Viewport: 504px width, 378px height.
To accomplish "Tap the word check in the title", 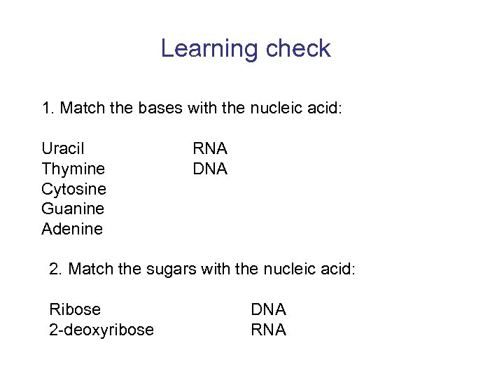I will coord(296,49).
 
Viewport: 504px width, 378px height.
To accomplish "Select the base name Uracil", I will coord(63,148).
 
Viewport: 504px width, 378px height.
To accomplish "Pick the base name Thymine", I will coord(73,169).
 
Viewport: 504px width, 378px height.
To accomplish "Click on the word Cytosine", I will coord(74,189).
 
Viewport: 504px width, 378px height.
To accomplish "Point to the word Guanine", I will coord(73,209).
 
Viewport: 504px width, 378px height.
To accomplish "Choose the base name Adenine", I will coord(72,229).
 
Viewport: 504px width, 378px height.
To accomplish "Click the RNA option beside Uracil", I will coord(210,148).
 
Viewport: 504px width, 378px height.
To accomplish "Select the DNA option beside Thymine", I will coord(210,169).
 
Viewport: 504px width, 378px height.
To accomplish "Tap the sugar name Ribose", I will coord(75,309).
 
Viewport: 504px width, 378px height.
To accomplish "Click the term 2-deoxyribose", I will coord(101,330).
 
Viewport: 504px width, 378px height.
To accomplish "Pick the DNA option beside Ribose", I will coord(269,309).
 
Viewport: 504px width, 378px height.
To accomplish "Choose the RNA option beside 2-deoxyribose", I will coord(269,330).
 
